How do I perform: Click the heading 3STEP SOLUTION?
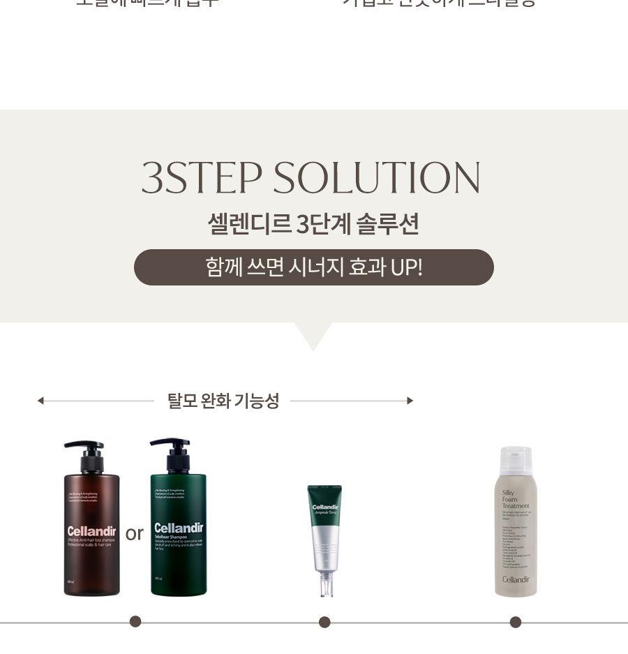311,178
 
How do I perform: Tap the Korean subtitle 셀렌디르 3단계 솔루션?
313,224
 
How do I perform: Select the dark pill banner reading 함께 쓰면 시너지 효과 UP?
313,267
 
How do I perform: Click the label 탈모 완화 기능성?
223,401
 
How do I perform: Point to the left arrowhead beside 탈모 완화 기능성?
40,401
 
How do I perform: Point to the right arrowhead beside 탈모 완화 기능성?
410,401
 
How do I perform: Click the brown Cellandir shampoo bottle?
91,530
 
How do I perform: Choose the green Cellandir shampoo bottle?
178,530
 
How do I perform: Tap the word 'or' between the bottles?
134,534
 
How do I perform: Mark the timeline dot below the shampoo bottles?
135,621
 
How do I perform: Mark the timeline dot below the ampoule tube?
324,622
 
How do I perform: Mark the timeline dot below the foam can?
516,622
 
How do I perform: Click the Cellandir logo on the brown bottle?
91,532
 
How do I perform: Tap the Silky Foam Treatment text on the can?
516,499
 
